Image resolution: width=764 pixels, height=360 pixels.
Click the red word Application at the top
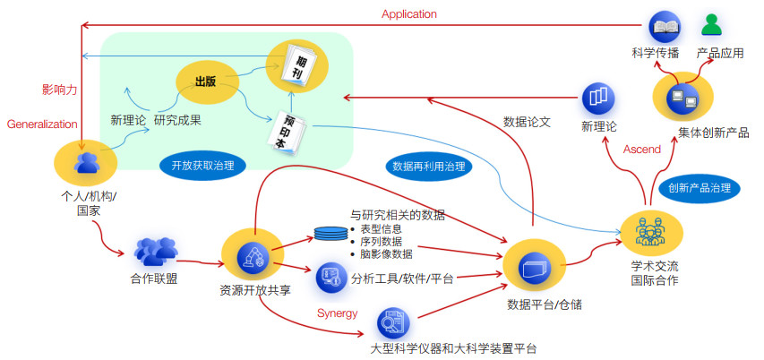click(x=408, y=13)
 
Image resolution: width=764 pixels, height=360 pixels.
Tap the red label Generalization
click(x=42, y=124)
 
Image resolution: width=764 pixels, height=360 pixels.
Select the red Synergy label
click(x=338, y=313)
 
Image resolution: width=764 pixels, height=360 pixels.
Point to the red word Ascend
click(x=641, y=149)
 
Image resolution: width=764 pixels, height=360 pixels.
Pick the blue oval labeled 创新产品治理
click(x=700, y=188)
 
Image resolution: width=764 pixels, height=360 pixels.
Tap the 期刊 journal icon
click(x=296, y=64)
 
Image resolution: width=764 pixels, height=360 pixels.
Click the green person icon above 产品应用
click(x=711, y=24)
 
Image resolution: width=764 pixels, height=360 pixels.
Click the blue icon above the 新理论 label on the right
click(x=598, y=97)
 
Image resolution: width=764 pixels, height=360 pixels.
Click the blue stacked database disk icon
click(x=330, y=235)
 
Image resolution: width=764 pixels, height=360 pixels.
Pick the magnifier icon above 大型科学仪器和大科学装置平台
click(x=392, y=321)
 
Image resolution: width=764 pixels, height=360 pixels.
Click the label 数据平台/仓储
click(x=545, y=304)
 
